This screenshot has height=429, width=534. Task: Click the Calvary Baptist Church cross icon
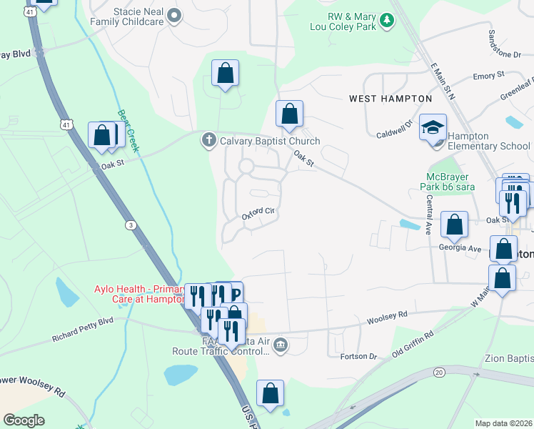[x=208, y=140]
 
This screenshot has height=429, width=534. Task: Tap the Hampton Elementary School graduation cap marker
[x=432, y=127]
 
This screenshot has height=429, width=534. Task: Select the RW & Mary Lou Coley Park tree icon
[x=386, y=20]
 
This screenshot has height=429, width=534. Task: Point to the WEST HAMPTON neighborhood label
[x=390, y=99]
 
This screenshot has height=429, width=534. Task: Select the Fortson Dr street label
[x=358, y=355]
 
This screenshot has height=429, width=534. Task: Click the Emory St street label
[x=488, y=75]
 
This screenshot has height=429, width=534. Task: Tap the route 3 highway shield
[x=131, y=225]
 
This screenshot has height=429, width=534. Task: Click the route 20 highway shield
[x=438, y=372]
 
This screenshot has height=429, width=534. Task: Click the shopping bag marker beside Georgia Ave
[x=454, y=225]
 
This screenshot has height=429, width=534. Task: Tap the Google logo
[x=24, y=420]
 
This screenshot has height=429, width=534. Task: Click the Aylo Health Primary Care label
[x=138, y=295]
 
